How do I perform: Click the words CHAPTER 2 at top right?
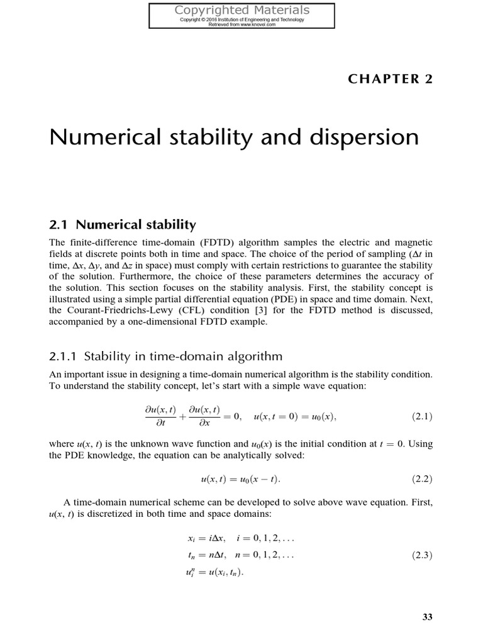point(389,78)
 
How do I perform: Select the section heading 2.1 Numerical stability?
point(123,224)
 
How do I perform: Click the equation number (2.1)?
point(422,416)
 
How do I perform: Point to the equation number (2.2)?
point(422,480)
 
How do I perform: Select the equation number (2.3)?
point(422,555)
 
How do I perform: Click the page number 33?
point(428,617)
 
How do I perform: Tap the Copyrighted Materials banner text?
point(242,10)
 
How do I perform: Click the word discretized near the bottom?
point(114,514)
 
